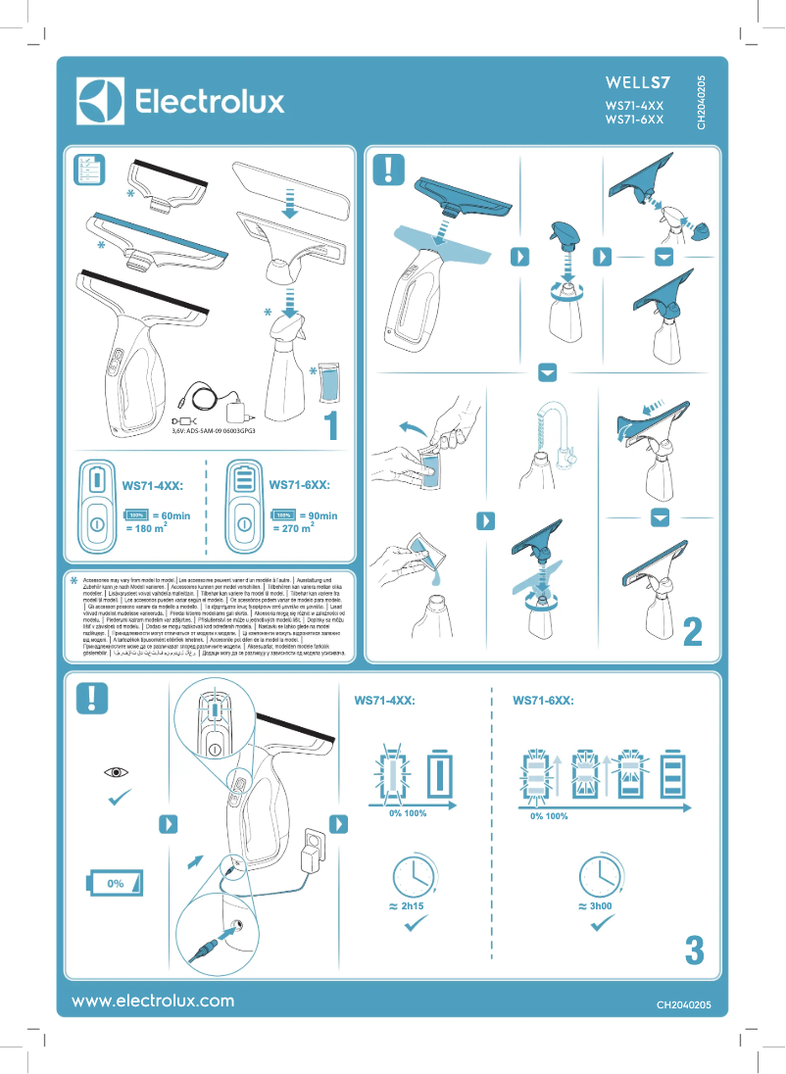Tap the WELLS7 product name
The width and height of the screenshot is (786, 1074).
pyautogui.click(x=638, y=82)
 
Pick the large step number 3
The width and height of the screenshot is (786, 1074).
pyautogui.click(x=694, y=950)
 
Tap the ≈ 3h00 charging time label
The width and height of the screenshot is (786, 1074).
pyautogui.click(x=596, y=906)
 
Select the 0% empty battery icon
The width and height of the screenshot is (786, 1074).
pyautogui.click(x=116, y=882)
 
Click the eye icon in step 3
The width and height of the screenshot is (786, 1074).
pyautogui.click(x=119, y=773)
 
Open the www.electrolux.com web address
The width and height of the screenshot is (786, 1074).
pyautogui.click(x=153, y=1001)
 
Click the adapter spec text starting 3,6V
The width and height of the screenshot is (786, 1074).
pyautogui.click(x=214, y=429)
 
